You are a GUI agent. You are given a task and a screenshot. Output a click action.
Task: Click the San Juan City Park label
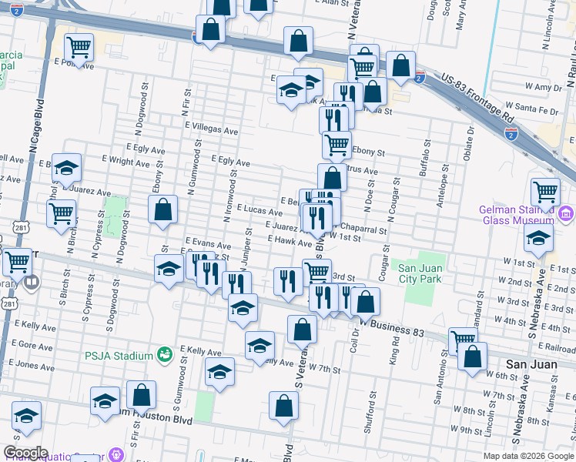pos(420,273)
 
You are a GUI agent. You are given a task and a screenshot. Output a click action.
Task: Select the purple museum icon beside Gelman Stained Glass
pos(566,213)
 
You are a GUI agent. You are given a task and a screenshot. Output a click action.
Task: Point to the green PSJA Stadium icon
pos(163,355)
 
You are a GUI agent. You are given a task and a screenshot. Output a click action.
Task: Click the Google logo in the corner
pos(25,453)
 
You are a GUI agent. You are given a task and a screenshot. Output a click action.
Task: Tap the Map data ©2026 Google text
pos(527,456)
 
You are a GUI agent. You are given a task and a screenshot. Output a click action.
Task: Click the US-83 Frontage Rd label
pos(478,99)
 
